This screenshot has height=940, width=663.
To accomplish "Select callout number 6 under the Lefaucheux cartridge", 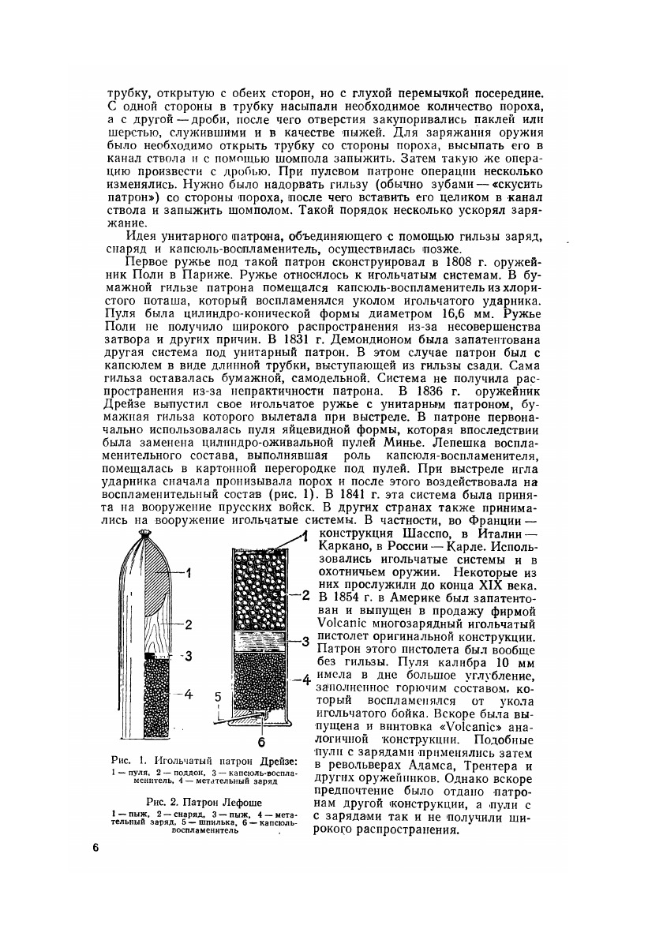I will (261, 742).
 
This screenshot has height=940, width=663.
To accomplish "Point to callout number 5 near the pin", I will (217, 697).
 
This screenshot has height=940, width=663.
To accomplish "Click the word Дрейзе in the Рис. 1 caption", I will (279, 760).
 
